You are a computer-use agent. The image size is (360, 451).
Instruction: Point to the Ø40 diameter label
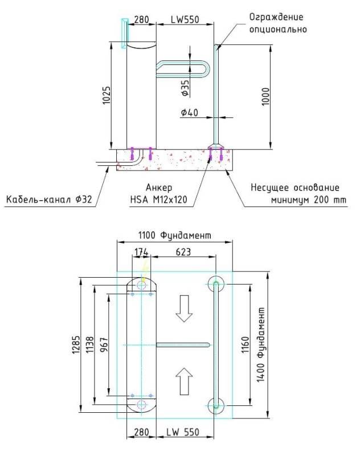(189, 113)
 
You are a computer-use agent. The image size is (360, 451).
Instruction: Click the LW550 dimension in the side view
(185, 19)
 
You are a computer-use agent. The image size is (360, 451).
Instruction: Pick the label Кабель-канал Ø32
(49, 200)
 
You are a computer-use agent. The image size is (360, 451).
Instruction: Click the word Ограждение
(276, 17)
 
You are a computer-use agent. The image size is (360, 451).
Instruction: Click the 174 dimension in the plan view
(141, 251)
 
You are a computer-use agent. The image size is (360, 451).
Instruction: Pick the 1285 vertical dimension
(75, 345)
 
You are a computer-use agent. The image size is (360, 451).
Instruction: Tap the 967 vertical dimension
(104, 345)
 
